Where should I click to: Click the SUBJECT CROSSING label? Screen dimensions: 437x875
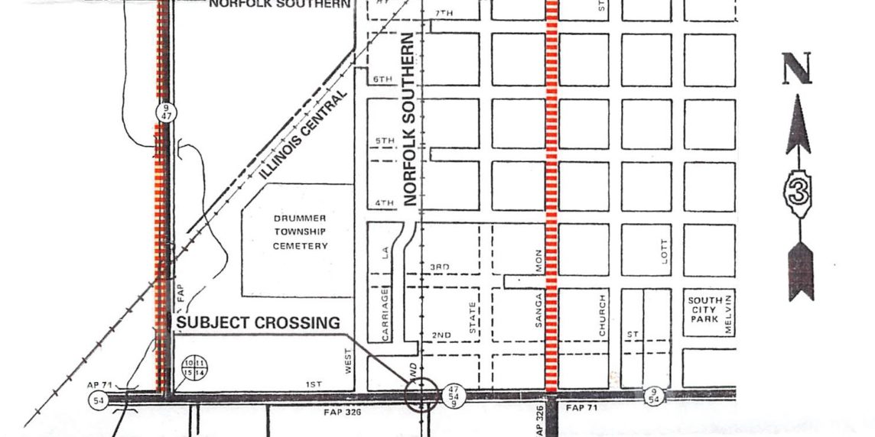pos(258,323)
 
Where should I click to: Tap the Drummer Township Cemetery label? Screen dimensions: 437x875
pos(301,232)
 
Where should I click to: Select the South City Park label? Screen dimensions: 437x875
pos(704,309)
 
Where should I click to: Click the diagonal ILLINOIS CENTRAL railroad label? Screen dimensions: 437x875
pos(304,135)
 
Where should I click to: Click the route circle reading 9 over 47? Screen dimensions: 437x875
pos(165,112)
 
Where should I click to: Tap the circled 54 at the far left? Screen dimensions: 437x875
pos(98,401)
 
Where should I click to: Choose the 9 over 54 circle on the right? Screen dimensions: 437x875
pos(654,396)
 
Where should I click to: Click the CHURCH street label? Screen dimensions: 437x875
pos(603,315)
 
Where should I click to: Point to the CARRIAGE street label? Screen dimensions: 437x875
pos(385,313)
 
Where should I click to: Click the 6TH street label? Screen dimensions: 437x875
pos(382,79)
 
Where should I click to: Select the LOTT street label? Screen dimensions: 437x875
pos(664,250)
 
